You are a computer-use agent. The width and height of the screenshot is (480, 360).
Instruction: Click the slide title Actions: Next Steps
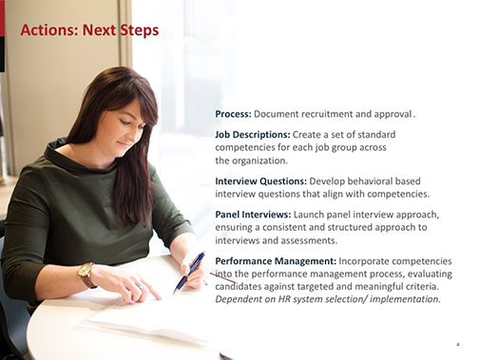[89, 29]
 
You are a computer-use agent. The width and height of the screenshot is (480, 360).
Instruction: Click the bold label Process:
[233, 114]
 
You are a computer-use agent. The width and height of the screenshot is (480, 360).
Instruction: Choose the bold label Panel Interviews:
[253, 214]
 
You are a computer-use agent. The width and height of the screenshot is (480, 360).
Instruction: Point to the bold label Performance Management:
[276, 260]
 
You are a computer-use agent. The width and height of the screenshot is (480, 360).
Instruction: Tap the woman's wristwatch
[86, 274]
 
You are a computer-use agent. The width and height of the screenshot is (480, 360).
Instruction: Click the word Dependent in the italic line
[243, 299]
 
